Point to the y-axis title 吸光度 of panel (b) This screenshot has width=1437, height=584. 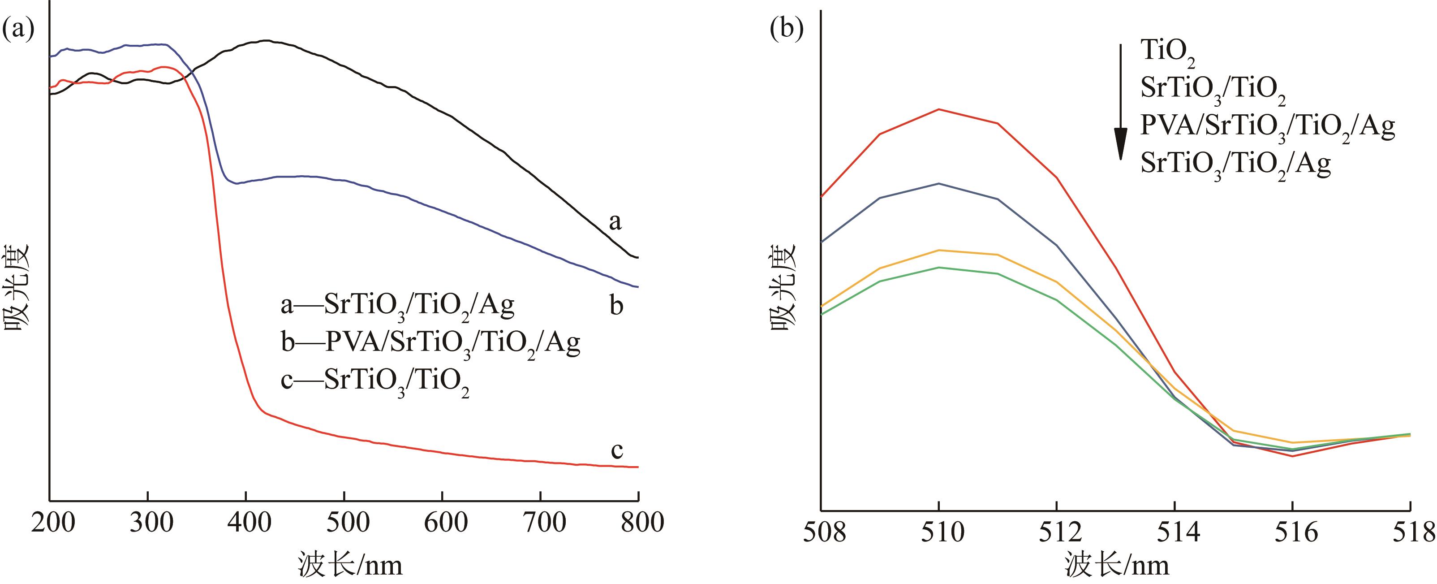tap(784, 288)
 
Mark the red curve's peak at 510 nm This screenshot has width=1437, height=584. tap(939, 109)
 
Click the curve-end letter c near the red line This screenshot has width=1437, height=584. tap(616, 450)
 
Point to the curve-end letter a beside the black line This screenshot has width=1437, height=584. tap(615, 222)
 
